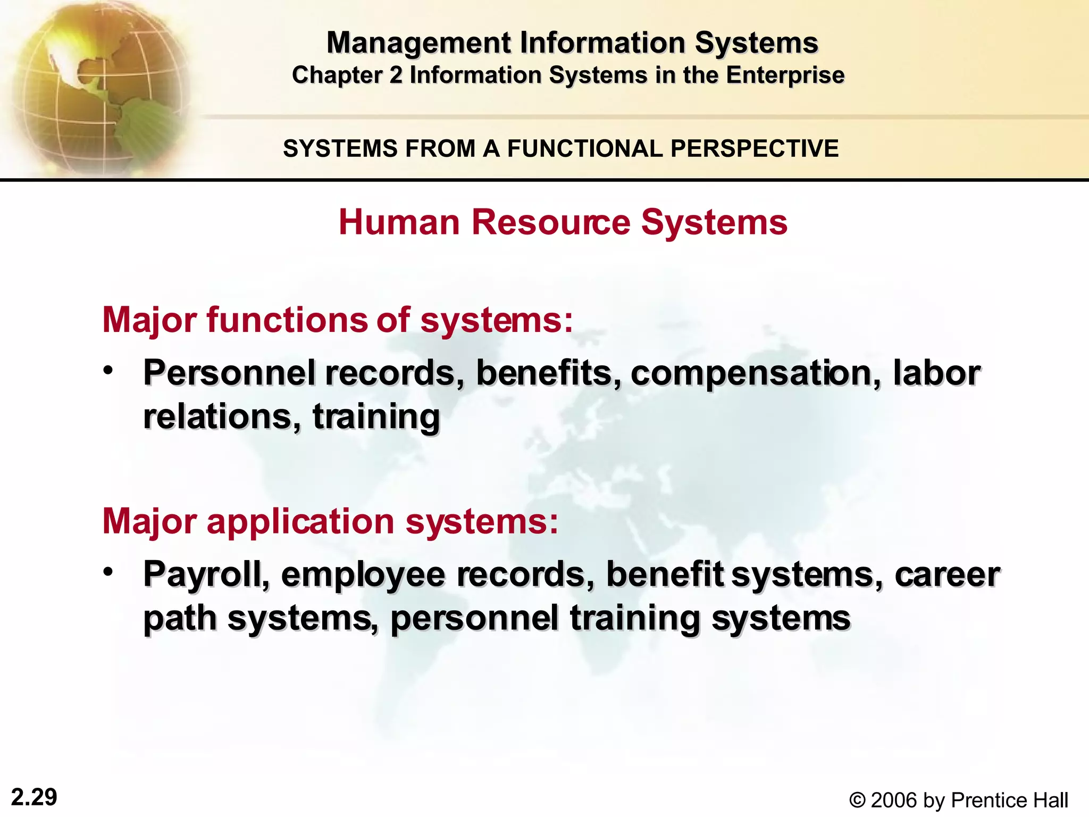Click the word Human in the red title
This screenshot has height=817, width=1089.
click(x=399, y=222)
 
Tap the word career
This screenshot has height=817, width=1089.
click(x=947, y=576)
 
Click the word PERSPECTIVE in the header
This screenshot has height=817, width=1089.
click(x=755, y=148)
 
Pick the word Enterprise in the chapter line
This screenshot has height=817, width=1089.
click(x=785, y=75)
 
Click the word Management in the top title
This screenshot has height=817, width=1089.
click(x=418, y=43)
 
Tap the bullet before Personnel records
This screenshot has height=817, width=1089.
click(x=108, y=370)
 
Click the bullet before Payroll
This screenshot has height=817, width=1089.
click(x=108, y=572)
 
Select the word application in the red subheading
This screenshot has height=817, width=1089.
click(x=300, y=522)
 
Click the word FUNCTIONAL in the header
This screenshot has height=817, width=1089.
click(x=584, y=148)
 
